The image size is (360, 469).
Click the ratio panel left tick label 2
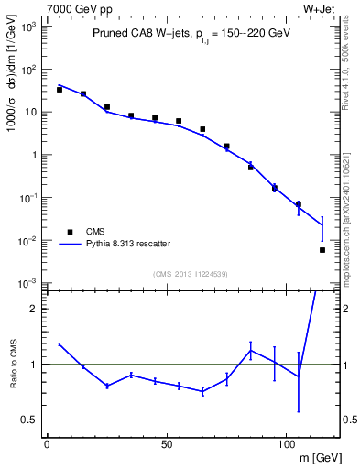33,309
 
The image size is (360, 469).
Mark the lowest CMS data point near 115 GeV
322,250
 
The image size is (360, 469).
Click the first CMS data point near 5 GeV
60,90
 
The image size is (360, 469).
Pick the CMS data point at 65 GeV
202,129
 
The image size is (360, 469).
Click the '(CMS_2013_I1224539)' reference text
191,273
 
